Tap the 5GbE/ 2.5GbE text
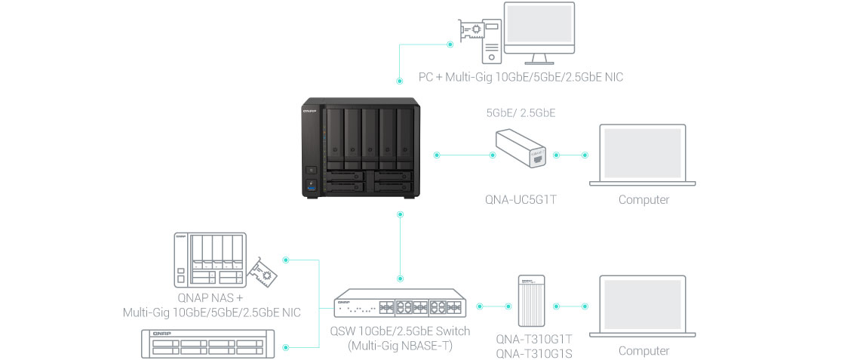(x=520, y=114)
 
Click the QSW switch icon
(x=399, y=306)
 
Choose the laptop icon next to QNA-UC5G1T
(x=643, y=155)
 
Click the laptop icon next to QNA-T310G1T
(x=643, y=306)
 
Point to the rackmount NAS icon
(x=205, y=344)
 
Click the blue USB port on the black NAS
(x=311, y=187)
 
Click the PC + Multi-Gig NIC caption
(x=521, y=77)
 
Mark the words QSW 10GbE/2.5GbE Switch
(x=400, y=331)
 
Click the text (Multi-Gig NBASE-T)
(x=400, y=346)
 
